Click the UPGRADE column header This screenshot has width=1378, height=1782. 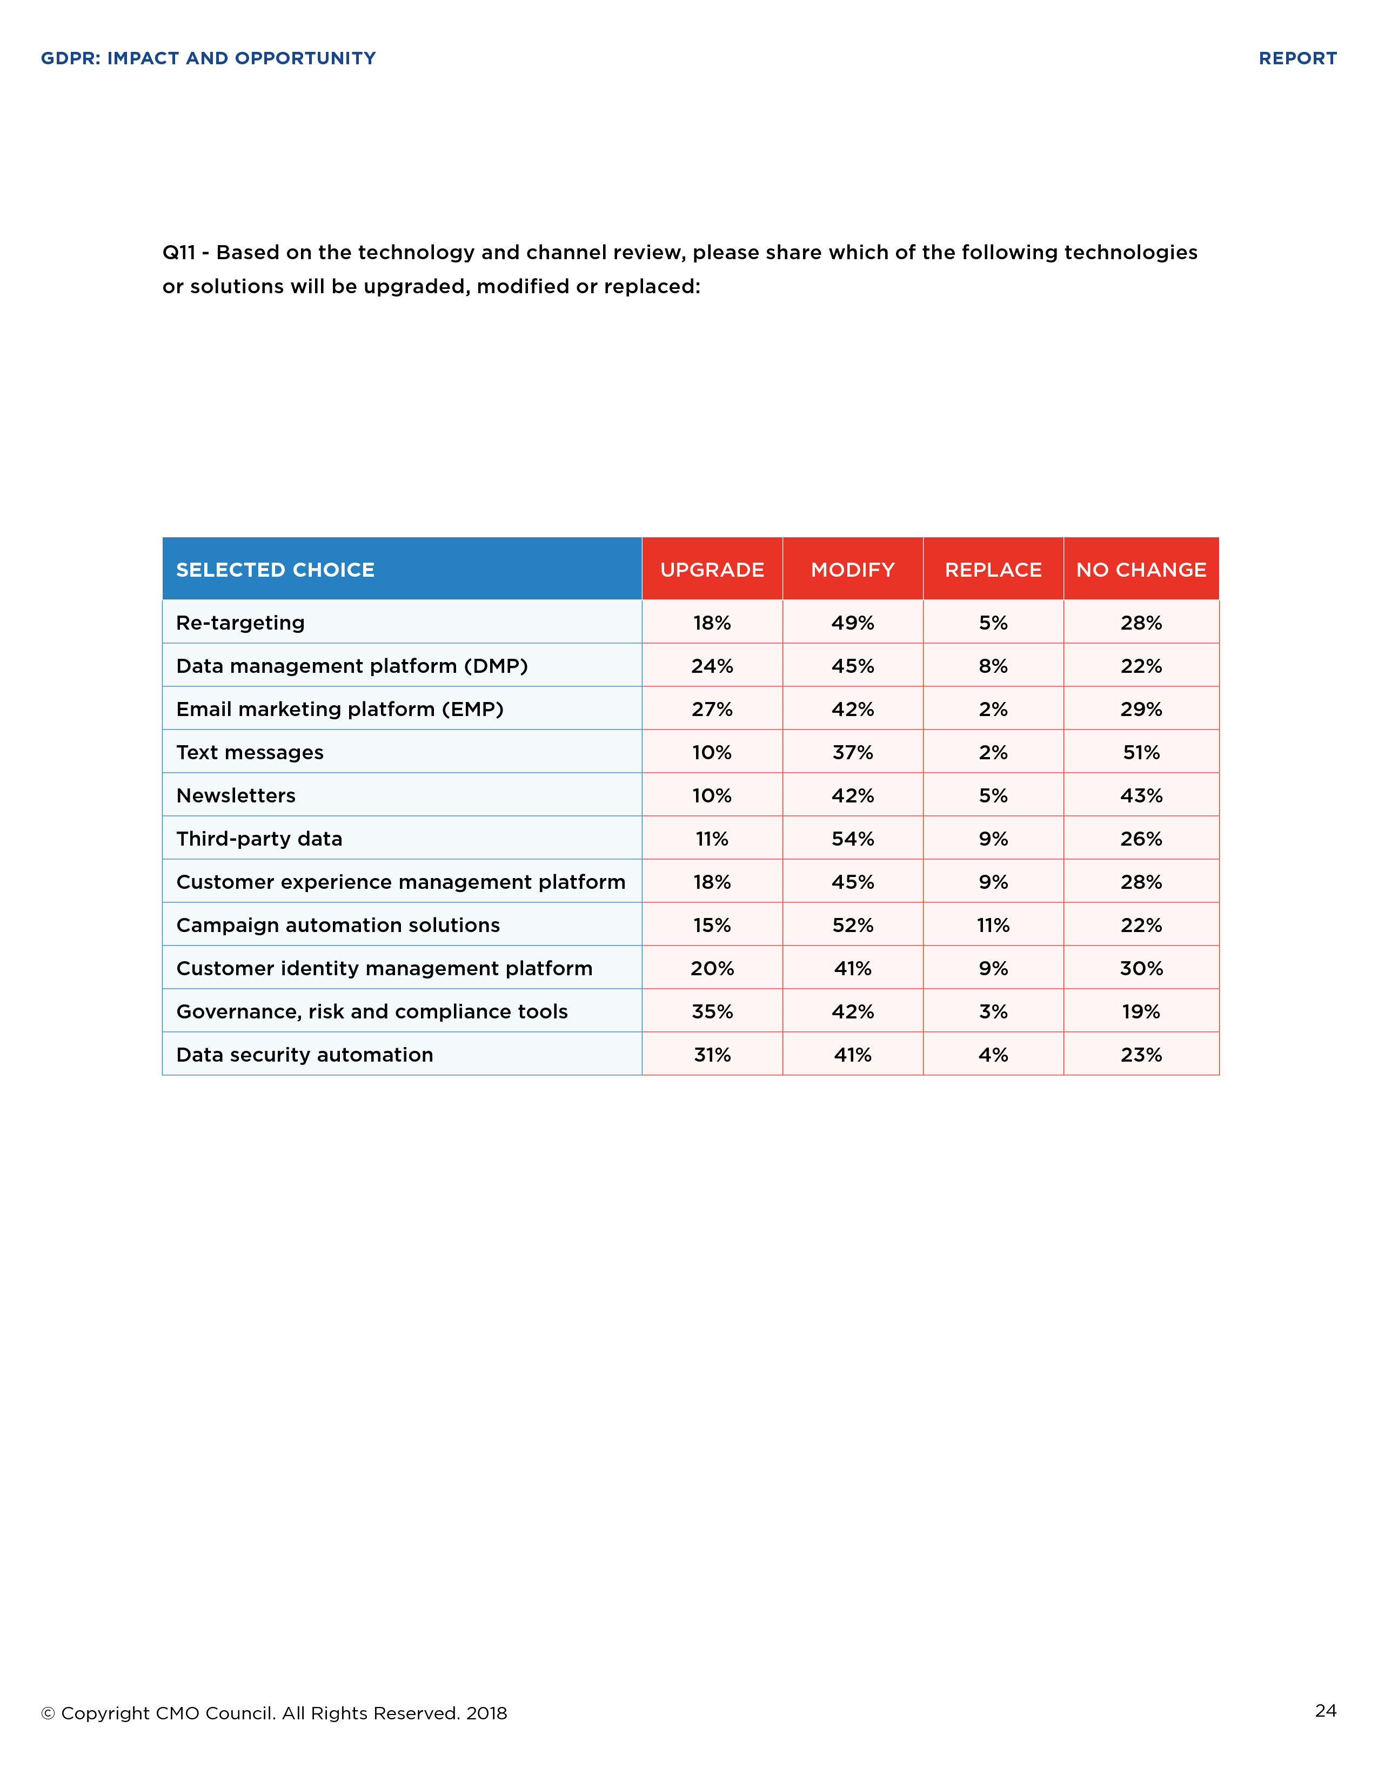712,570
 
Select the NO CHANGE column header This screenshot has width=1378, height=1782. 1140,570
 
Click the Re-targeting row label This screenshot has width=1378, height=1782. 240,623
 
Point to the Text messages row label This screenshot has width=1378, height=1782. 250,752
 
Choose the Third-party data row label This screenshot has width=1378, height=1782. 259,839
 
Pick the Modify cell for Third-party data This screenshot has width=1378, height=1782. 852,839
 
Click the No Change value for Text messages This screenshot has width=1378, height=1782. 1140,752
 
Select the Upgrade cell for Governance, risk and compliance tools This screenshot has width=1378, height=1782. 712,1012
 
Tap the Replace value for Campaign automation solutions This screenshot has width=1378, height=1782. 993,925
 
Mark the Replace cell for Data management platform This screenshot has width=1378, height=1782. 993,666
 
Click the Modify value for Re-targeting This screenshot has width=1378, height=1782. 852,623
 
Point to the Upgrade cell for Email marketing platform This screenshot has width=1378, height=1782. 712,709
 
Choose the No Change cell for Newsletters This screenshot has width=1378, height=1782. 1140,795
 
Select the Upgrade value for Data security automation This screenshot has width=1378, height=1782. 712,1055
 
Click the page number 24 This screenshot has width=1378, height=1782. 1325,1710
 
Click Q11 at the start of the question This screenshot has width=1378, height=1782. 179,253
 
